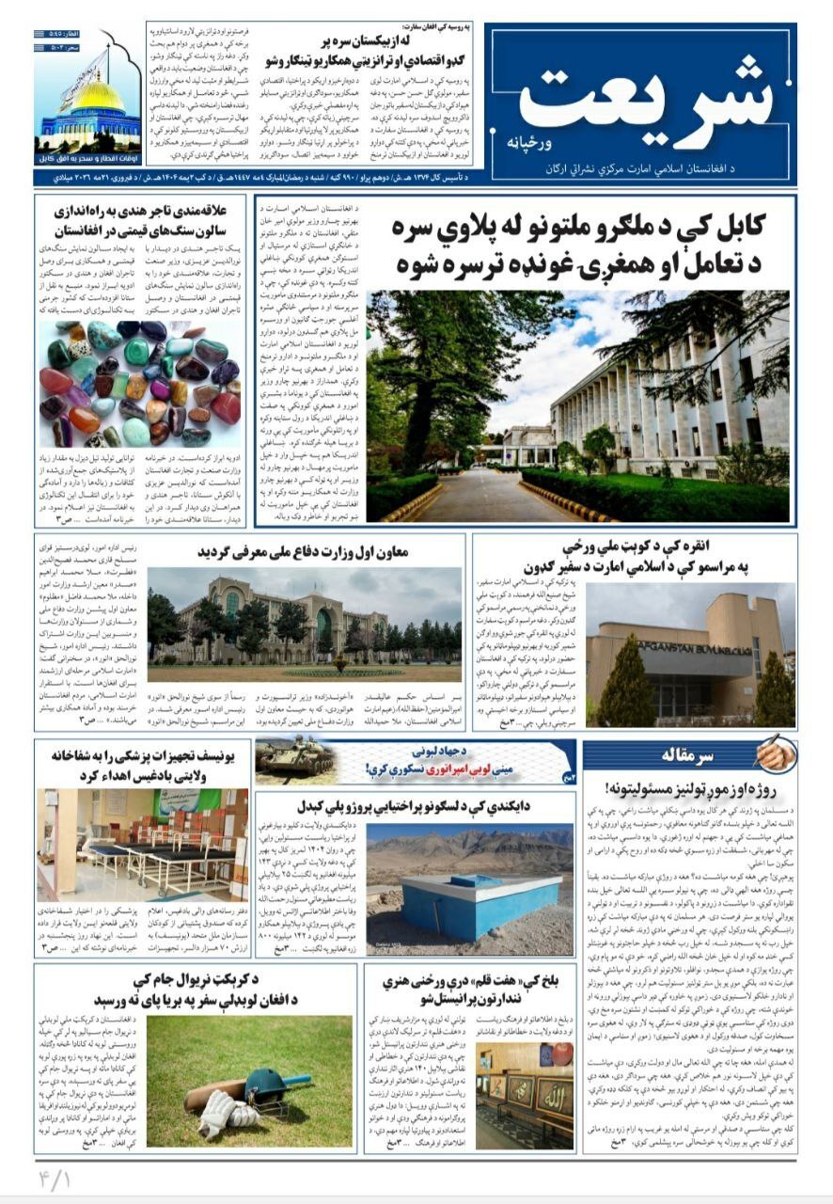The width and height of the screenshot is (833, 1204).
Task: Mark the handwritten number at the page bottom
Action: click(x=57, y=1178)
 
